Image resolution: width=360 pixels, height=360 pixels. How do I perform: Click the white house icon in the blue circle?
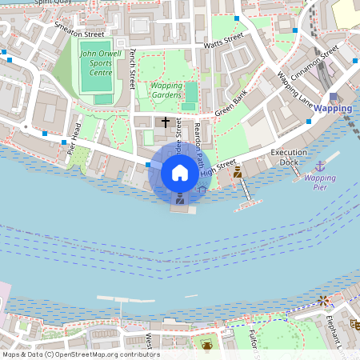[180, 172]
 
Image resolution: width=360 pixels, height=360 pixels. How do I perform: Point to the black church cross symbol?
[166, 122]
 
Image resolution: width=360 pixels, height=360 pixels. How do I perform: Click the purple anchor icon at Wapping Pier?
[320, 166]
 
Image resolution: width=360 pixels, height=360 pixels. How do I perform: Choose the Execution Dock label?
[289, 157]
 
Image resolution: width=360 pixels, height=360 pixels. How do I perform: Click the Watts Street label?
[223, 41]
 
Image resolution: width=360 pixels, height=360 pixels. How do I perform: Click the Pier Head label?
[74, 138]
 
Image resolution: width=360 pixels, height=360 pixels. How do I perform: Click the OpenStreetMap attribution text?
[80, 354]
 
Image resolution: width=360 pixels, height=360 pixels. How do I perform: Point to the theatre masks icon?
[353, 324]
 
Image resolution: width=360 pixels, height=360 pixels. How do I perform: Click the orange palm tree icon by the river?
[322, 300]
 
